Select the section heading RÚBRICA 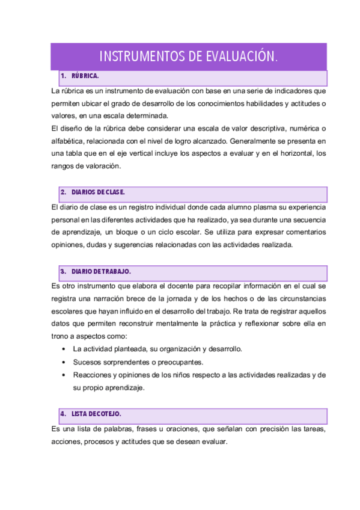point(84,77)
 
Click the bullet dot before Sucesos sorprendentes point(64,362)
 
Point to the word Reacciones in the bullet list point(91,375)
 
